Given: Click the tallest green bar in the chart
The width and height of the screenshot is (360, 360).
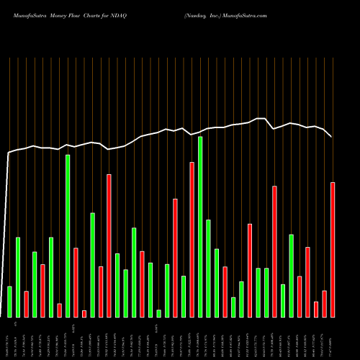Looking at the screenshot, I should click(x=200, y=227).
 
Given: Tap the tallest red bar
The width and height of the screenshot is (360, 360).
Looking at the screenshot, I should click(x=192, y=240).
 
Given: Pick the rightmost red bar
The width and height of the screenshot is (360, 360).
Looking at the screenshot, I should click(x=333, y=250).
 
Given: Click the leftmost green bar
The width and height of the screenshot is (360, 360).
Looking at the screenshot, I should click(x=9, y=302).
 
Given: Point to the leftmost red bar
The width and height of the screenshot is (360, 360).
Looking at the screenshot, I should click(x=26, y=304).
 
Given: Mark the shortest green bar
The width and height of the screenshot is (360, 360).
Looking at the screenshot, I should click(x=159, y=313).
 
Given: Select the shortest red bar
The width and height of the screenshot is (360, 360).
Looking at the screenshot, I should click(x=84, y=313).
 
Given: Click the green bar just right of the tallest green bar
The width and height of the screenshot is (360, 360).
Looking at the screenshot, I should click(x=209, y=269).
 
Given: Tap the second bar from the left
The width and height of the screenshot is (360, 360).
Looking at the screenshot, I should click(x=18, y=277).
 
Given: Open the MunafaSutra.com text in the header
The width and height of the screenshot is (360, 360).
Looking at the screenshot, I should click(x=246, y=15).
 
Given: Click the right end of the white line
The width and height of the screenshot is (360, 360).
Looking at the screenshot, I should click(x=331, y=136).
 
